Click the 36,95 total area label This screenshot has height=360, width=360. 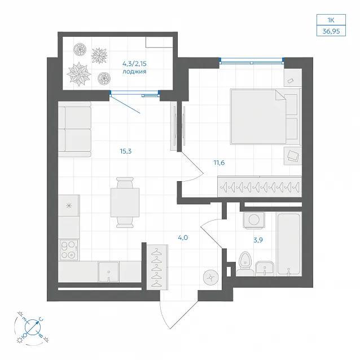pyautogui.click(x=331, y=31)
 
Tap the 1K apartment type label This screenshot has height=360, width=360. pyautogui.click(x=331, y=20)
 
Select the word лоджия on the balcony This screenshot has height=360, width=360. pyautogui.click(x=134, y=72)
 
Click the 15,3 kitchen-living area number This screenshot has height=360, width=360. pyautogui.click(x=126, y=151)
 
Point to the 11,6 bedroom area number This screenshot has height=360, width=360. pyautogui.click(x=219, y=163)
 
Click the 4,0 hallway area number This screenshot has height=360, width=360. pyautogui.click(x=183, y=238)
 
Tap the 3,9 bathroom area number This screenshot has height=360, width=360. pyautogui.click(x=258, y=240)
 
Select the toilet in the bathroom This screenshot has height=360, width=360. pyautogui.click(x=245, y=264)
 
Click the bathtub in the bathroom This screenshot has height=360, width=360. pyautogui.click(x=289, y=244)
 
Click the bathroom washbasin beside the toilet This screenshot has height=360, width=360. pyautogui.click(x=265, y=268)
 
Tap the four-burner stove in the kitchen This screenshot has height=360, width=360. pyautogui.click(x=69, y=249)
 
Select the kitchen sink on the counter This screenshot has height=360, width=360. pyautogui.click(x=108, y=271)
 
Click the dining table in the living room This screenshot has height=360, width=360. pyautogui.click(x=125, y=202)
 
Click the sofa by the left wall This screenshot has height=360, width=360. pyautogui.click(x=74, y=129)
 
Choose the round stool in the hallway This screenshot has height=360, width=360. pyautogui.click(x=211, y=278)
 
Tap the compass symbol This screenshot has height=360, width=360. pyautogui.click(x=33, y=327)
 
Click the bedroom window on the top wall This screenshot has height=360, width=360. pyautogui.click(x=252, y=61)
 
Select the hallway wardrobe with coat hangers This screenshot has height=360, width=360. pyautogui.click(x=157, y=267)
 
